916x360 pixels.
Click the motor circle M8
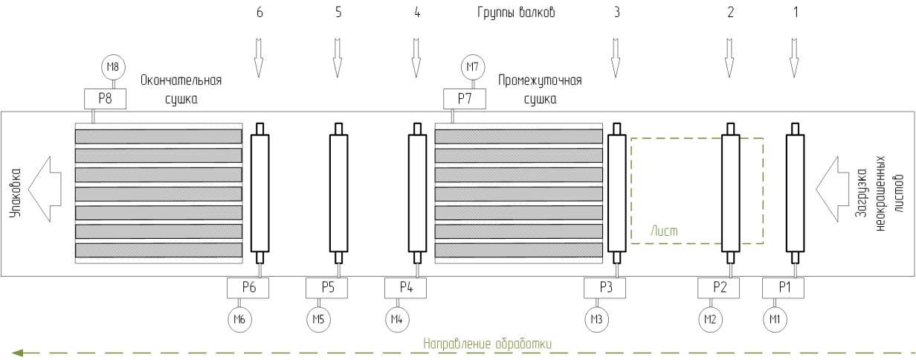(x=112, y=68)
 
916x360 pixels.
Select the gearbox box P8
(x=103, y=97)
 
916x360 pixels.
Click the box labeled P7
(x=464, y=97)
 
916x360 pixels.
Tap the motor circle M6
(x=239, y=319)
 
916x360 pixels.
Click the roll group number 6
(x=259, y=13)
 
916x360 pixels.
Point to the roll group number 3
(x=616, y=13)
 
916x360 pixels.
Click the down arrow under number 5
(x=338, y=58)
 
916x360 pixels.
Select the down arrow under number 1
(x=795, y=58)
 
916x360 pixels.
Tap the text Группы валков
(x=515, y=13)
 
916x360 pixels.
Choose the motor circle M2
(x=711, y=319)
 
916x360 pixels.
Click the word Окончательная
(x=181, y=80)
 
